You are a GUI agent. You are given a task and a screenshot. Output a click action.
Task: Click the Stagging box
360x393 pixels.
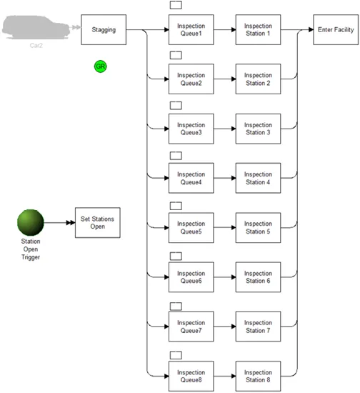[x=104, y=29]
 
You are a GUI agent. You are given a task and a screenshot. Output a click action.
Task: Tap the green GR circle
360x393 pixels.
[x=101, y=66]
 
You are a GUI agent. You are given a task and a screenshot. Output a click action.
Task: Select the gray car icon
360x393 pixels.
[x=36, y=27]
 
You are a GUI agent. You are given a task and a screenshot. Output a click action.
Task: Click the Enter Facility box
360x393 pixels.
[x=336, y=29]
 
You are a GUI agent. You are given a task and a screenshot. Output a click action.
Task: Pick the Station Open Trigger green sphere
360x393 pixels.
[x=31, y=222]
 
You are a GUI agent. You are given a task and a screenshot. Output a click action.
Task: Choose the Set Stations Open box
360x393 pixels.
[x=97, y=222]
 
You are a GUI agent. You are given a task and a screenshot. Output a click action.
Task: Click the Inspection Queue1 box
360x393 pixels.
[x=191, y=29]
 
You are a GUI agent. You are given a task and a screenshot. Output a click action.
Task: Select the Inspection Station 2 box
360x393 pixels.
[x=258, y=79]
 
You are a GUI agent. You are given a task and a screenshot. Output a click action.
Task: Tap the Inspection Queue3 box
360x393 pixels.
[x=191, y=129]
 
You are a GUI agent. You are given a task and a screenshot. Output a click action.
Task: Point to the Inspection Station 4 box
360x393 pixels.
[x=258, y=178]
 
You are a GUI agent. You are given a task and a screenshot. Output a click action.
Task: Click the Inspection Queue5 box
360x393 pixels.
[x=191, y=227]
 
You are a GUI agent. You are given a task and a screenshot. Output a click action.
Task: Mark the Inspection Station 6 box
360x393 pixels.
[x=258, y=277]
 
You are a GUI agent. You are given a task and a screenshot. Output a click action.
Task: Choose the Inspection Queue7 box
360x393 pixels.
[x=191, y=327]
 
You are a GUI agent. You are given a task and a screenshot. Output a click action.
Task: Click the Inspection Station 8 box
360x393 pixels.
[x=258, y=376]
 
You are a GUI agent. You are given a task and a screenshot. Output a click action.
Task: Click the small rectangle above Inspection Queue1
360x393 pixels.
[x=176, y=5]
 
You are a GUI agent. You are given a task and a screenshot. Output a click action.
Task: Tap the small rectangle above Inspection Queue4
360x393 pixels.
[x=176, y=156]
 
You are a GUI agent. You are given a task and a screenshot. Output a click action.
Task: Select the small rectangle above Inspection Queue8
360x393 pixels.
[x=176, y=355]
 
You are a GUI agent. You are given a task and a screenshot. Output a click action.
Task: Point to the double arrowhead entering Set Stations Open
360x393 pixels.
[x=71, y=222]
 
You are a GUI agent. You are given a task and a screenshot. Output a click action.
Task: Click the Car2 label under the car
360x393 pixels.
[x=36, y=45]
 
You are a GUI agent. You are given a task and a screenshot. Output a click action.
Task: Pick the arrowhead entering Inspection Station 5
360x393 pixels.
[x=234, y=227]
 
